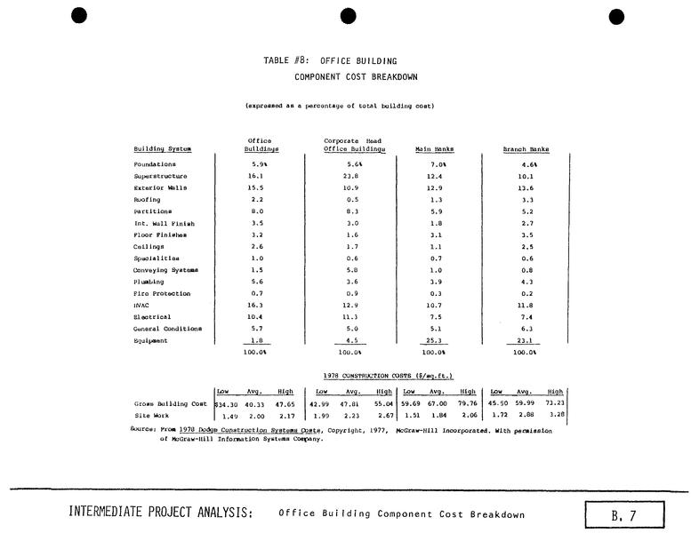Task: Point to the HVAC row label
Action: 141,306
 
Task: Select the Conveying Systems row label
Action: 165,270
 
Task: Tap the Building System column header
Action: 162,149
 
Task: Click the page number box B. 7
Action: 625,514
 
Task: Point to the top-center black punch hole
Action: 348,15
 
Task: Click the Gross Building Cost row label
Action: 172,404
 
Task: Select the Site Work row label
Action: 149,416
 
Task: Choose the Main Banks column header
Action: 435,149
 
